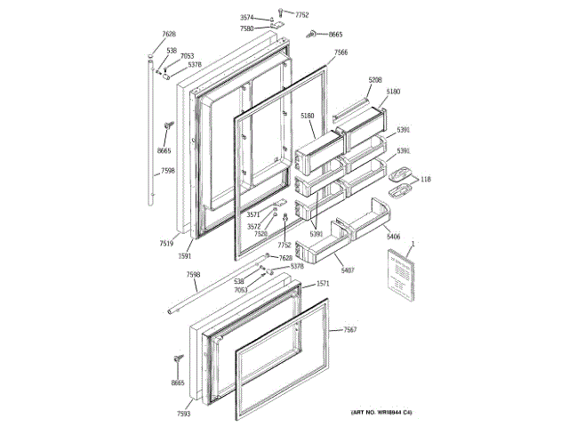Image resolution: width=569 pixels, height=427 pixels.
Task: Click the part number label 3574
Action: pyautogui.click(x=246, y=18)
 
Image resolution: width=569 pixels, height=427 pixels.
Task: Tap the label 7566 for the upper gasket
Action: pyautogui.click(x=341, y=52)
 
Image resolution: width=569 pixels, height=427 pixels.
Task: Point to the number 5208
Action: pyautogui.click(x=375, y=80)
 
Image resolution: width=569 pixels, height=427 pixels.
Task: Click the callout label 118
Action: pyautogui.click(x=426, y=179)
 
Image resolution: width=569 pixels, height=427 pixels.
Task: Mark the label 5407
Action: pyautogui.click(x=348, y=268)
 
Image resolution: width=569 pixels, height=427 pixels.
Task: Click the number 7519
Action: pyautogui.click(x=166, y=242)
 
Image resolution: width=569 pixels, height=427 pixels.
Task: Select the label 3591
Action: pyautogui.click(x=185, y=255)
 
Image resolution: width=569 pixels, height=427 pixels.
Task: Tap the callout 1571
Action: pyautogui.click(x=324, y=284)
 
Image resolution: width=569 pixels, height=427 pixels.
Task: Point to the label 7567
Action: pyautogui.click(x=350, y=330)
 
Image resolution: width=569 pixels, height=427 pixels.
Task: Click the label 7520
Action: pyautogui.click(x=260, y=234)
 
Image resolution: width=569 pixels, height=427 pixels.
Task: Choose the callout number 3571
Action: pyautogui.click(x=252, y=214)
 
